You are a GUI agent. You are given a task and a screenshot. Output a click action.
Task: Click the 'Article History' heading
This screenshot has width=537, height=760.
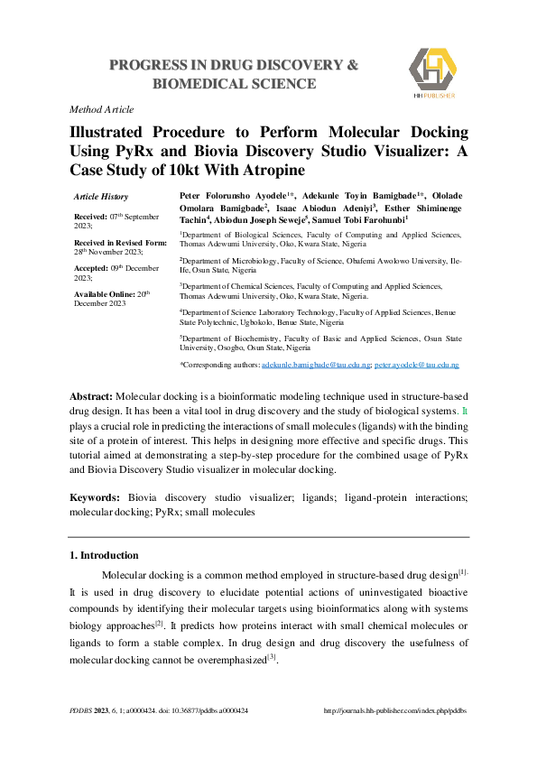101,196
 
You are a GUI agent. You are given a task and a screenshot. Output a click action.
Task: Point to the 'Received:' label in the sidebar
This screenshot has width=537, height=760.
91,218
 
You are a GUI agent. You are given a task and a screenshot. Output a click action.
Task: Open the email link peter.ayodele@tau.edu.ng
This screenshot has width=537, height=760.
417,365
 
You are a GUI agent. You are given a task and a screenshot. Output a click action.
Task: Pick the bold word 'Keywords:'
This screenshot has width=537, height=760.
95,497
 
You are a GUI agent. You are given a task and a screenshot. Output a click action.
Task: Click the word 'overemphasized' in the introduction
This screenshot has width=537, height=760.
227,660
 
